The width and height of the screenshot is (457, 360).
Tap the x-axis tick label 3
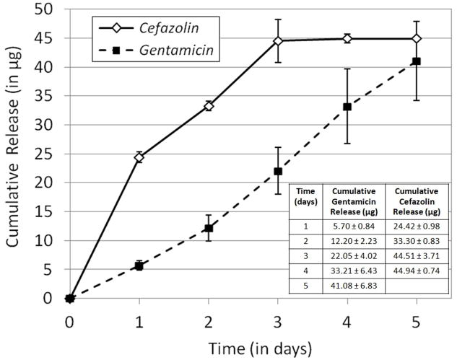(x=277, y=317)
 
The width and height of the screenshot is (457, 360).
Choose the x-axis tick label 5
(x=417, y=317)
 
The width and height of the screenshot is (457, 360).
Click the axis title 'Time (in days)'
(x=242, y=347)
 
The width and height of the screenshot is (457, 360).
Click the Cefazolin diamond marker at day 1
(x=139, y=157)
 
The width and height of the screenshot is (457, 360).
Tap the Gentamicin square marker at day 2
(x=208, y=228)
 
